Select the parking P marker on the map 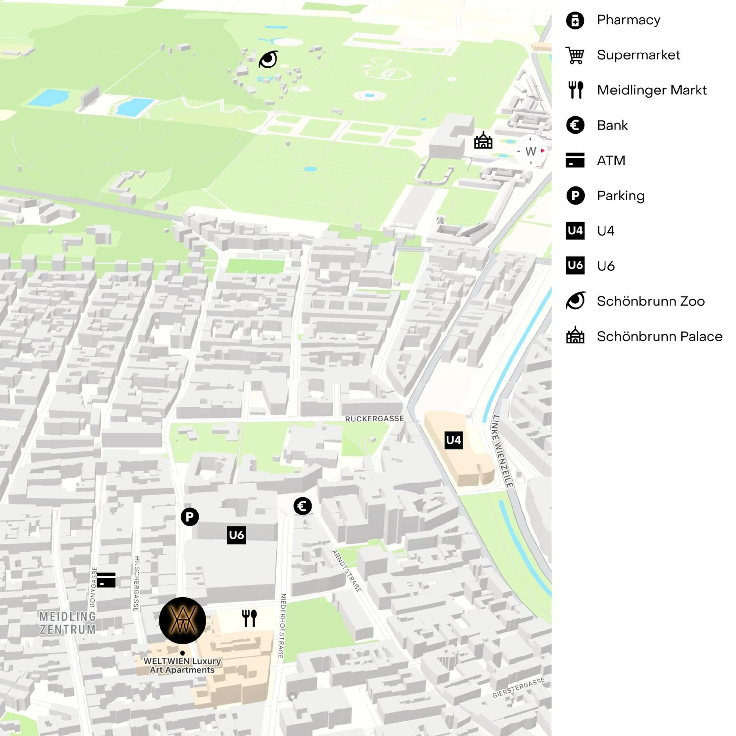190,517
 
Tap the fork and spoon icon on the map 250,618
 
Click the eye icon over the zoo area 269,59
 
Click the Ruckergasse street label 374,419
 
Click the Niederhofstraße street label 282,626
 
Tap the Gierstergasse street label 518,688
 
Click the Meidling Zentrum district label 68,623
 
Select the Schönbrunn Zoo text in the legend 650,301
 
